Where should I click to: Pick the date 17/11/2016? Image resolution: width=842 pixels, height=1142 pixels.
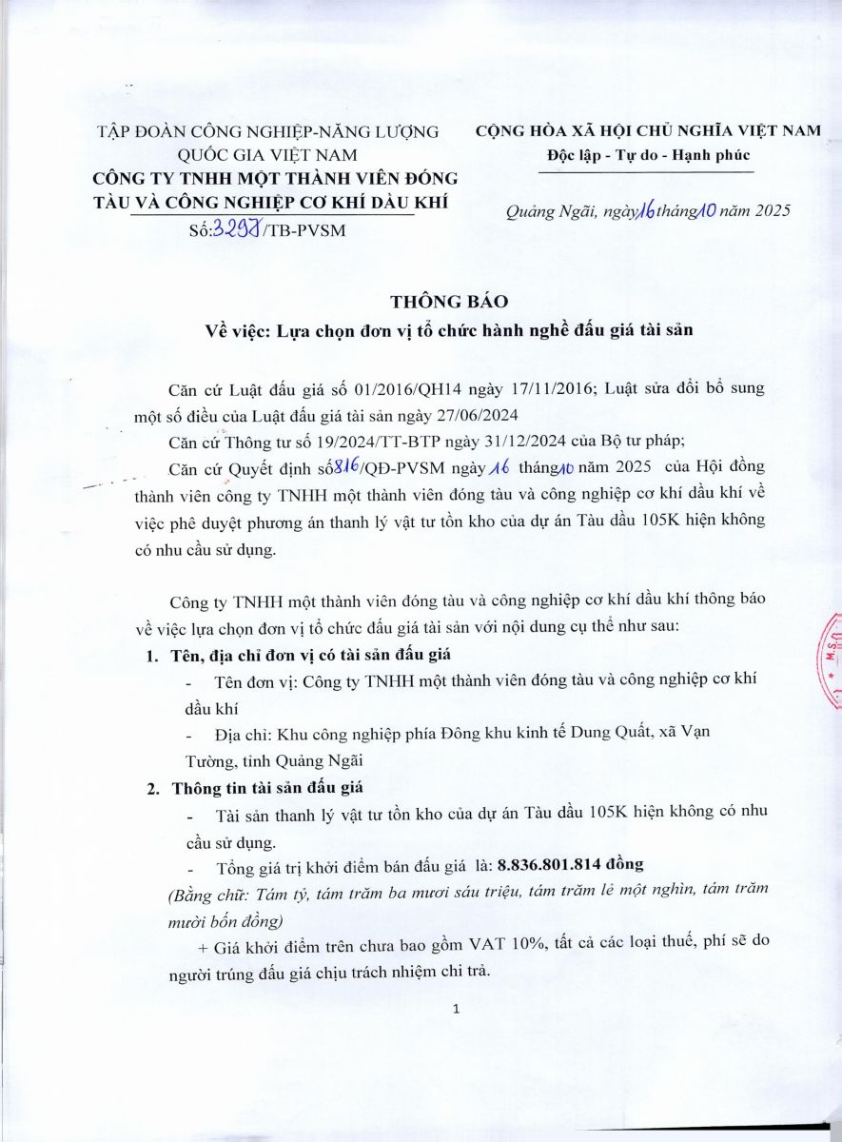coord(545,389)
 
